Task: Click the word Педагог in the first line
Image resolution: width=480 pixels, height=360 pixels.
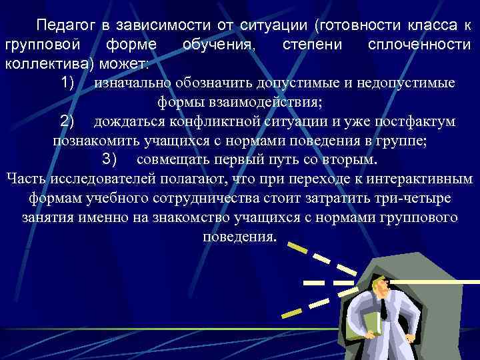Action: click(65, 26)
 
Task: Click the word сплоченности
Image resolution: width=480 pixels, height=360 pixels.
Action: click(419, 45)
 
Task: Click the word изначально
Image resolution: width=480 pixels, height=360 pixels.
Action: click(134, 84)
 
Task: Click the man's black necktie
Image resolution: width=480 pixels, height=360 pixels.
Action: click(385, 307)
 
